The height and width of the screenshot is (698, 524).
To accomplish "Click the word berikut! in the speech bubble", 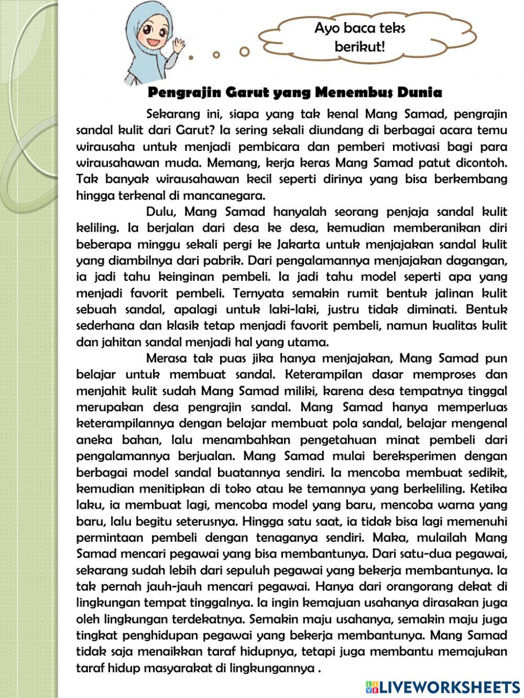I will pos(360,47).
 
